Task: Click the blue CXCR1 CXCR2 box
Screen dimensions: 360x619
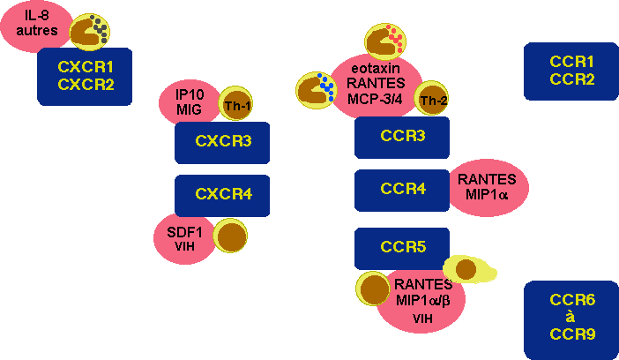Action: tap(85, 76)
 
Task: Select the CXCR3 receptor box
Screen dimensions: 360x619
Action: tap(221, 142)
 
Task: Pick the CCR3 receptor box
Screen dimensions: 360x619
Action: tap(402, 137)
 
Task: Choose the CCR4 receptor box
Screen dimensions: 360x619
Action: tap(402, 190)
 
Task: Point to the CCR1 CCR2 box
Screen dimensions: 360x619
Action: tap(571, 71)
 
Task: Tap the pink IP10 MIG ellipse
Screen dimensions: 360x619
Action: tap(187, 101)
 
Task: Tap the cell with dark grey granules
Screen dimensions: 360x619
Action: tap(90, 31)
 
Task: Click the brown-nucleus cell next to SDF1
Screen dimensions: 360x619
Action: tap(231, 237)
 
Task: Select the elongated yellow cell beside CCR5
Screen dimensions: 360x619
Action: tap(468, 268)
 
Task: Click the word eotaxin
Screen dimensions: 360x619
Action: tap(377, 66)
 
